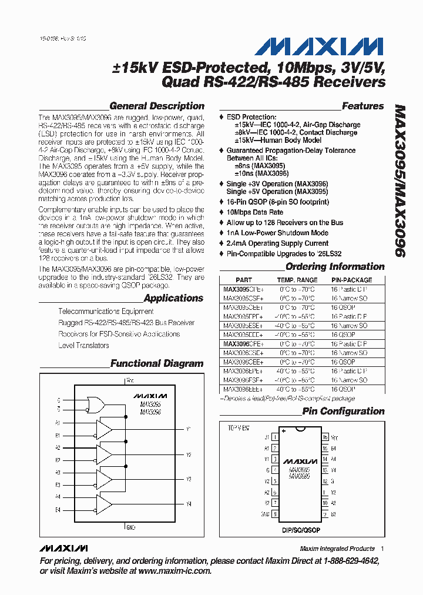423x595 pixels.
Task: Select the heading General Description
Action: pos(157,106)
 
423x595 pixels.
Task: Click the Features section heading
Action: pos(362,106)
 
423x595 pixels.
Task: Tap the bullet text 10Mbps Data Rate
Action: pos(254,212)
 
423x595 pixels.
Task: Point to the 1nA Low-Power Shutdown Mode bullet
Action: pos(277,233)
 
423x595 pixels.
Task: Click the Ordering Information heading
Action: pos(335,267)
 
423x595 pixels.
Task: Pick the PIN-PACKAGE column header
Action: pos(351,280)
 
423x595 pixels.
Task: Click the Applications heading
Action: pos(173,298)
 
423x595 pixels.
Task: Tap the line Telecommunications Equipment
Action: pos(106,311)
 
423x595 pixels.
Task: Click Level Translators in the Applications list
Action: pos(83,345)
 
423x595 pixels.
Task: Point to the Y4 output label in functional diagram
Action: pos(189,504)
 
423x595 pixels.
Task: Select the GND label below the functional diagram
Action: pos(130,527)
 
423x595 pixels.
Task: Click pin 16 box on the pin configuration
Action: pos(325,437)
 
